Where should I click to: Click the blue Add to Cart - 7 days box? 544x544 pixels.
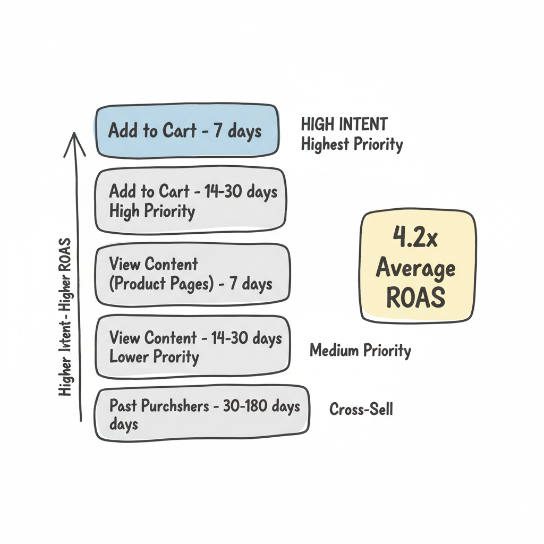[x=187, y=131]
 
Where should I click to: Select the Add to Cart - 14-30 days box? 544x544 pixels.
[x=190, y=201]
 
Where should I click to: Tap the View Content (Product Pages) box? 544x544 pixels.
[x=192, y=274]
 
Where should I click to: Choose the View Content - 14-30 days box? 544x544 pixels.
[x=192, y=346]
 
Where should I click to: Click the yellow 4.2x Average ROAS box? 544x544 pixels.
[x=418, y=267]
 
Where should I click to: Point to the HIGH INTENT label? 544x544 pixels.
[x=344, y=125]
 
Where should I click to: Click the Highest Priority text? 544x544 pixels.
[x=352, y=144]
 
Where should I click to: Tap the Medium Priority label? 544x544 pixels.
[x=360, y=351]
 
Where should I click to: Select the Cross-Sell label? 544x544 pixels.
[x=361, y=410]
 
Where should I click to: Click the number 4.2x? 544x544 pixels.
[x=415, y=237]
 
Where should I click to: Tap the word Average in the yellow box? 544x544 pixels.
[x=416, y=268]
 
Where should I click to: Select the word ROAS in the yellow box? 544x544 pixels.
[x=416, y=298]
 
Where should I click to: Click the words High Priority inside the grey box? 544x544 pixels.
[x=152, y=211]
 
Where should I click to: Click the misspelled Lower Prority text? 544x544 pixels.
[x=154, y=356]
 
